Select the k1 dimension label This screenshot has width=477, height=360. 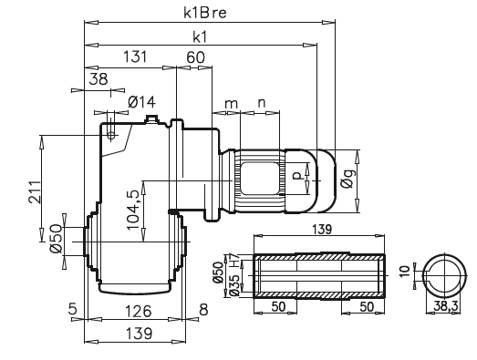(201, 37)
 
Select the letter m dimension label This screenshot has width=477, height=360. (232, 103)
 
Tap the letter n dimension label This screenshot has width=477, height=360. (263, 103)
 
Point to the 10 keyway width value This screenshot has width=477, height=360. (404, 272)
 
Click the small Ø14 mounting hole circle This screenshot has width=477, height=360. (111, 133)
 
